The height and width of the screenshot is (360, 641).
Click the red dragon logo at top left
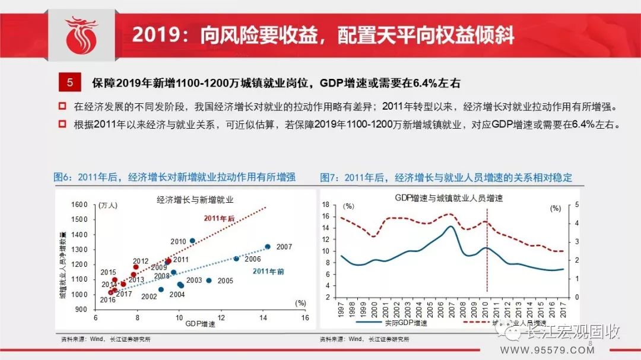coord(81,36)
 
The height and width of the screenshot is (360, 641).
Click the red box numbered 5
coord(69,82)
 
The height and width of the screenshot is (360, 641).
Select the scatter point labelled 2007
coord(268,246)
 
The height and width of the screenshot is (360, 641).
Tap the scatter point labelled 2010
coord(192,241)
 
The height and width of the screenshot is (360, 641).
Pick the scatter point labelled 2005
coord(209,281)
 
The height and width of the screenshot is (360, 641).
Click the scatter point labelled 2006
coord(236,259)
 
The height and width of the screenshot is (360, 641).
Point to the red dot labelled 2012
coord(136,267)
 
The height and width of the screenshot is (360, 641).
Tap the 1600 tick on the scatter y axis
coord(80,205)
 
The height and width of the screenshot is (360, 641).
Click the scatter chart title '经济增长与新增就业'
coord(195,199)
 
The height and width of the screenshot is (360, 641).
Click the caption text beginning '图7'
coord(446,177)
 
